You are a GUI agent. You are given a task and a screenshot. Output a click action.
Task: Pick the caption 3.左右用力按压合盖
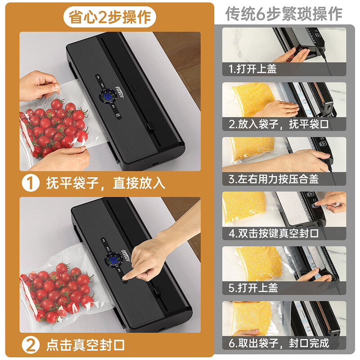[274, 179]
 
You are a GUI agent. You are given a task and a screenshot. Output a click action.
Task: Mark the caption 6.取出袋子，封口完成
[279, 343]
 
